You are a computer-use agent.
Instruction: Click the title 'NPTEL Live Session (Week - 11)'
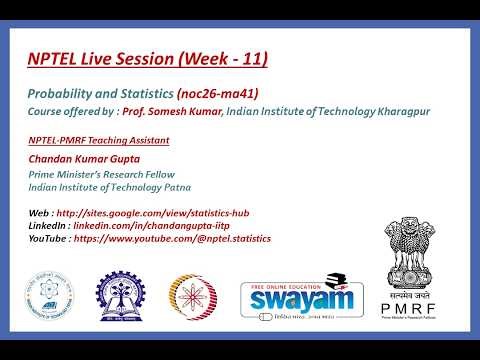click(147, 60)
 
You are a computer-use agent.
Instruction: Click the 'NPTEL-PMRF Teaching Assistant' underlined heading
click(97, 140)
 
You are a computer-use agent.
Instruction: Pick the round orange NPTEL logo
click(193, 299)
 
